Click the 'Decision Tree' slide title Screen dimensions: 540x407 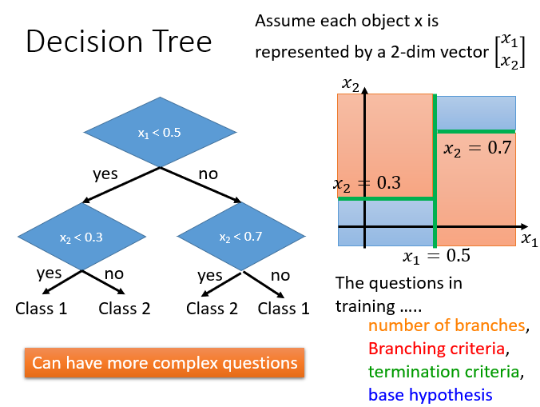click(119, 42)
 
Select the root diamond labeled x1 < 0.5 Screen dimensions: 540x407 click(160, 132)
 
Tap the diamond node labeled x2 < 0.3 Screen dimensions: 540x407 click(82, 237)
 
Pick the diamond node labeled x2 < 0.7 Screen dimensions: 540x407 click(241, 237)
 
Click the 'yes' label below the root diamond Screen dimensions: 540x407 click(105, 174)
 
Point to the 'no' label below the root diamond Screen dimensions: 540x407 click(208, 174)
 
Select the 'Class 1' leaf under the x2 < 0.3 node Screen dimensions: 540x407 click(41, 309)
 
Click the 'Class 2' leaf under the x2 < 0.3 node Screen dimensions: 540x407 click(125, 309)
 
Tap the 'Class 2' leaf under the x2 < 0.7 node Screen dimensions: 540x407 click(212, 309)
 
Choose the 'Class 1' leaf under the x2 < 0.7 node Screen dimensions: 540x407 click(284, 309)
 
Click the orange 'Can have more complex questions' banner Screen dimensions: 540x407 click(165, 362)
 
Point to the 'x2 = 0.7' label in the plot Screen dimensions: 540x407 click(478, 148)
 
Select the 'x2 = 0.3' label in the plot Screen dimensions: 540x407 click(367, 183)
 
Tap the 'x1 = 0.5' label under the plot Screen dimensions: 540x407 click(437, 257)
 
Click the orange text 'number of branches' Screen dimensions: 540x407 click(447, 325)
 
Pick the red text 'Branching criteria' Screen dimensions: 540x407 click(437, 349)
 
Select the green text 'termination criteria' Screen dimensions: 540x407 click(444, 372)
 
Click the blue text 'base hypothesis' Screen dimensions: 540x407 click(430, 394)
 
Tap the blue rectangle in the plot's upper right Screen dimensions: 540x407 click(476, 113)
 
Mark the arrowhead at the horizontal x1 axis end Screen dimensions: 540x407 click(525, 226)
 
